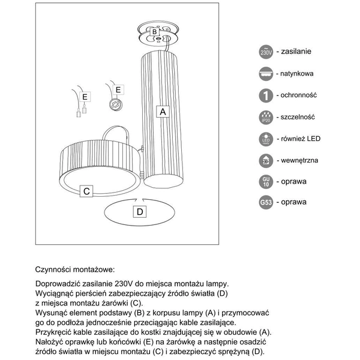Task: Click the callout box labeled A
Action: tap(161, 111)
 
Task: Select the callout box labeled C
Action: tap(86, 191)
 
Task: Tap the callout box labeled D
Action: tap(139, 211)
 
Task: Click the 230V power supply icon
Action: tap(266, 52)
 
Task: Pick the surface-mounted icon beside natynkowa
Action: tap(266, 74)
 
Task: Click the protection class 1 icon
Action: tap(266, 95)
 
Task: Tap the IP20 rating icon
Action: tap(266, 118)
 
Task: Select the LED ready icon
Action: tap(266, 139)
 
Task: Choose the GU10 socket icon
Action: tap(266, 181)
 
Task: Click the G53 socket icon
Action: tap(266, 202)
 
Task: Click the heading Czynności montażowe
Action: tap(74, 271)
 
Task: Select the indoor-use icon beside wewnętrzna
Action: tap(266, 161)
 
